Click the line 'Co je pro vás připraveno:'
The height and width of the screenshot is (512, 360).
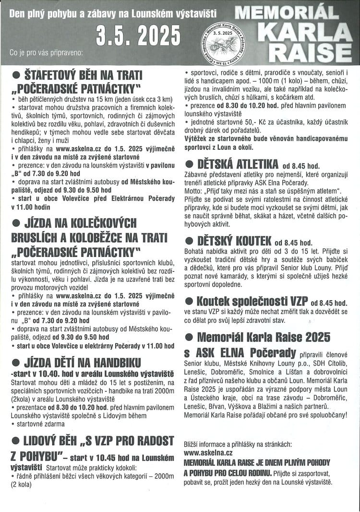point(46,51)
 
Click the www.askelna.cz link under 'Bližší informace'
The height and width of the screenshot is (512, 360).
point(208,452)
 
